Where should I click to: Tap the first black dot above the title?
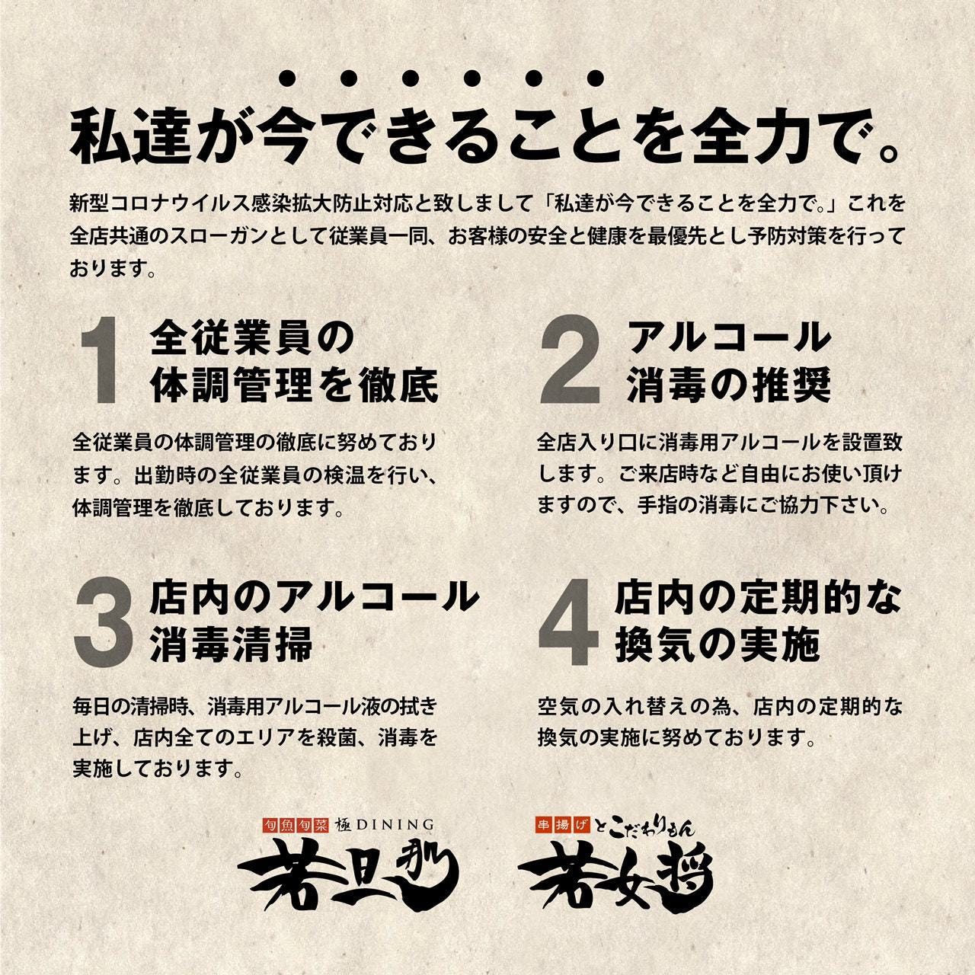click(x=288, y=78)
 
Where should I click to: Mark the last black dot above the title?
click(x=596, y=78)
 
